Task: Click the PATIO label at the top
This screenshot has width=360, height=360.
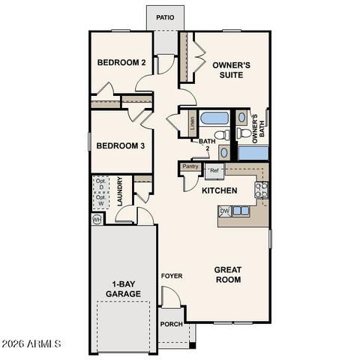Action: pyautogui.click(x=165, y=16)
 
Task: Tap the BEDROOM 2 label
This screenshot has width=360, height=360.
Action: pyautogui.click(x=121, y=63)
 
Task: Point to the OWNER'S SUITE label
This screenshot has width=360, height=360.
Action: pyautogui.click(x=231, y=70)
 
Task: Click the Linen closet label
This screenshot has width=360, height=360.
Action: pyautogui.click(x=192, y=121)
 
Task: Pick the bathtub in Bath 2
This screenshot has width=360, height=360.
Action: pyautogui.click(x=215, y=118)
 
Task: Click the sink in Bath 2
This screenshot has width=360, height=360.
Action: pyautogui.click(x=224, y=152)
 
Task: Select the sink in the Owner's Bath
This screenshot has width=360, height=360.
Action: pyautogui.click(x=242, y=118)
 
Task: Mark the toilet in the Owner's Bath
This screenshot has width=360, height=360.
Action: pyautogui.click(x=243, y=134)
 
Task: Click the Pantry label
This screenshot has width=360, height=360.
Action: pyautogui.click(x=190, y=166)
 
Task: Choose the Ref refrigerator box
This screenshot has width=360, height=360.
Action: pyautogui.click(x=214, y=171)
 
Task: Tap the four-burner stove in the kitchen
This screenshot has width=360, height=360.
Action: pyautogui.click(x=262, y=190)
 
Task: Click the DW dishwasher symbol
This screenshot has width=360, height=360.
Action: pyautogui.click(x=224, y=211)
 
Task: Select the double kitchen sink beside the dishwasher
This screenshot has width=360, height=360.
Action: pyautogui.click(x=241, y=211)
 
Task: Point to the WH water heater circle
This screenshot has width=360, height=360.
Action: pyautogui.click(x=97, y=220)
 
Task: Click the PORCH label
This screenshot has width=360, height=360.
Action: pyautogui.click(x=171, y=324)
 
